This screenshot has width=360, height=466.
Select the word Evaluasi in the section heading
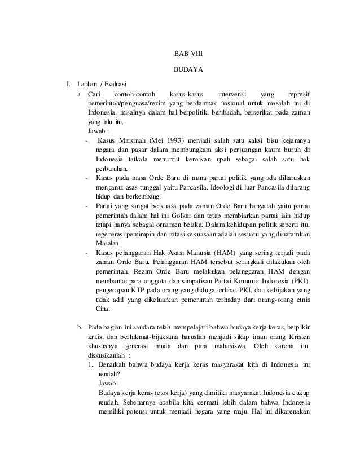114,85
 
